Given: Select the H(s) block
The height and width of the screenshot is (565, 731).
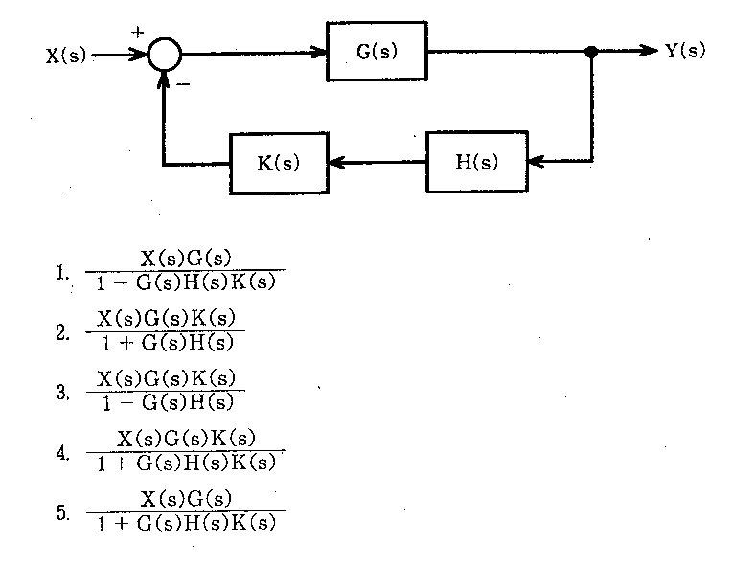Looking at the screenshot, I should [x=476, y=162].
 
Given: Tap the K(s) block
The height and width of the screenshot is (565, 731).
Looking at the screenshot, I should [x=278, y=163].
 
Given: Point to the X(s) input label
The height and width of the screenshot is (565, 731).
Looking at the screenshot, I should [x=66, y=56].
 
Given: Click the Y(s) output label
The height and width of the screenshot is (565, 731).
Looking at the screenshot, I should [x=685, y=52].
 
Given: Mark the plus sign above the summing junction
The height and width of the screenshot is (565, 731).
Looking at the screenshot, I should [x=137, y=33].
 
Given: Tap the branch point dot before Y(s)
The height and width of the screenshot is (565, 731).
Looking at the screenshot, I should [x=591, y=52].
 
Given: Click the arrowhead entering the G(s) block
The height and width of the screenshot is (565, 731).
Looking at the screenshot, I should [x=320, y=53].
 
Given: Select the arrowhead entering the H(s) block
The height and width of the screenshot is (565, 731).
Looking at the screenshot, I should [x=534, y=162].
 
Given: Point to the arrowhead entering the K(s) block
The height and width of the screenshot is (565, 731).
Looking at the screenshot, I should [x=336, y=163].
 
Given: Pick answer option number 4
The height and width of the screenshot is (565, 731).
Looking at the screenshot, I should [x=62, y=452].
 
